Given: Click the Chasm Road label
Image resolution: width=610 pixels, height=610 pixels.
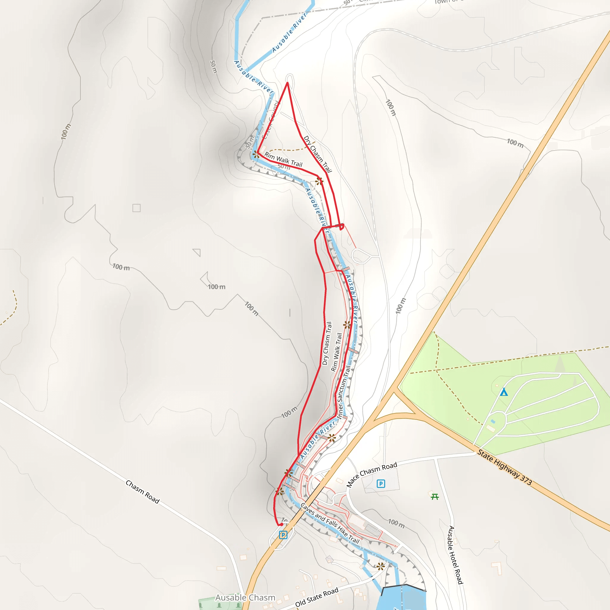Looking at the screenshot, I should tap(142, 491).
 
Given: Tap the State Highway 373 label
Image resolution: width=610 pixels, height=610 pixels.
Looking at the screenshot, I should tap(504, 467).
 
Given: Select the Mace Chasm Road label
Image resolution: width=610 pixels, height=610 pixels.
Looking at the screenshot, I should tap(372, 474).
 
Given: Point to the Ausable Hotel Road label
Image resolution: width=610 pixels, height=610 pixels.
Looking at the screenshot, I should tap(456, 555).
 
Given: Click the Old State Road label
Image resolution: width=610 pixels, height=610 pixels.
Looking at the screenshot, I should tap(317, 597).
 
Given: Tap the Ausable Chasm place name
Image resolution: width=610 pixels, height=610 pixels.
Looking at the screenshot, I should tap(245, 597).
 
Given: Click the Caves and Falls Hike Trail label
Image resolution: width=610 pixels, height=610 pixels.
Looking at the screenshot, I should tap(330, 522).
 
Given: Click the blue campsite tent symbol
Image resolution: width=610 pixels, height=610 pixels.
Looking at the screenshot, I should tap(504, 392).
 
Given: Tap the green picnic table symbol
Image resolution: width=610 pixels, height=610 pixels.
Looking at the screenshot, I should tap(435, 497).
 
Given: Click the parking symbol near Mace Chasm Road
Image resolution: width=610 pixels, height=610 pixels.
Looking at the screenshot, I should tap(381, 483).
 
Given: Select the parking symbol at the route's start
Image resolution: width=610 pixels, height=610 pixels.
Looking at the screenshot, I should tap(283, 535).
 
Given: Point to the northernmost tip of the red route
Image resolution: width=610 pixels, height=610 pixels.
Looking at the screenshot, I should tap(287, 83).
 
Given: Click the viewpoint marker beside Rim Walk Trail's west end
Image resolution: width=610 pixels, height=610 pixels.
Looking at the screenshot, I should tap(256, 154).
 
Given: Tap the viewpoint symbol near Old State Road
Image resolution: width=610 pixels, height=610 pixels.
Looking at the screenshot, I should tap(381, 566).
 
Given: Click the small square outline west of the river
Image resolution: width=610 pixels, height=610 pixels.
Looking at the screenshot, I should tap(136, 208).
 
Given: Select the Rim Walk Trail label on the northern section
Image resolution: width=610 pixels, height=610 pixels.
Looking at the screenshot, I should tap(283, 159).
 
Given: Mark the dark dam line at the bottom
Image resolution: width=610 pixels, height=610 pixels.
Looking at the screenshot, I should tap(404, 586).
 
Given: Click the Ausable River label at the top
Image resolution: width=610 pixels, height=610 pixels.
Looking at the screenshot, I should tap(289, 32).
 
